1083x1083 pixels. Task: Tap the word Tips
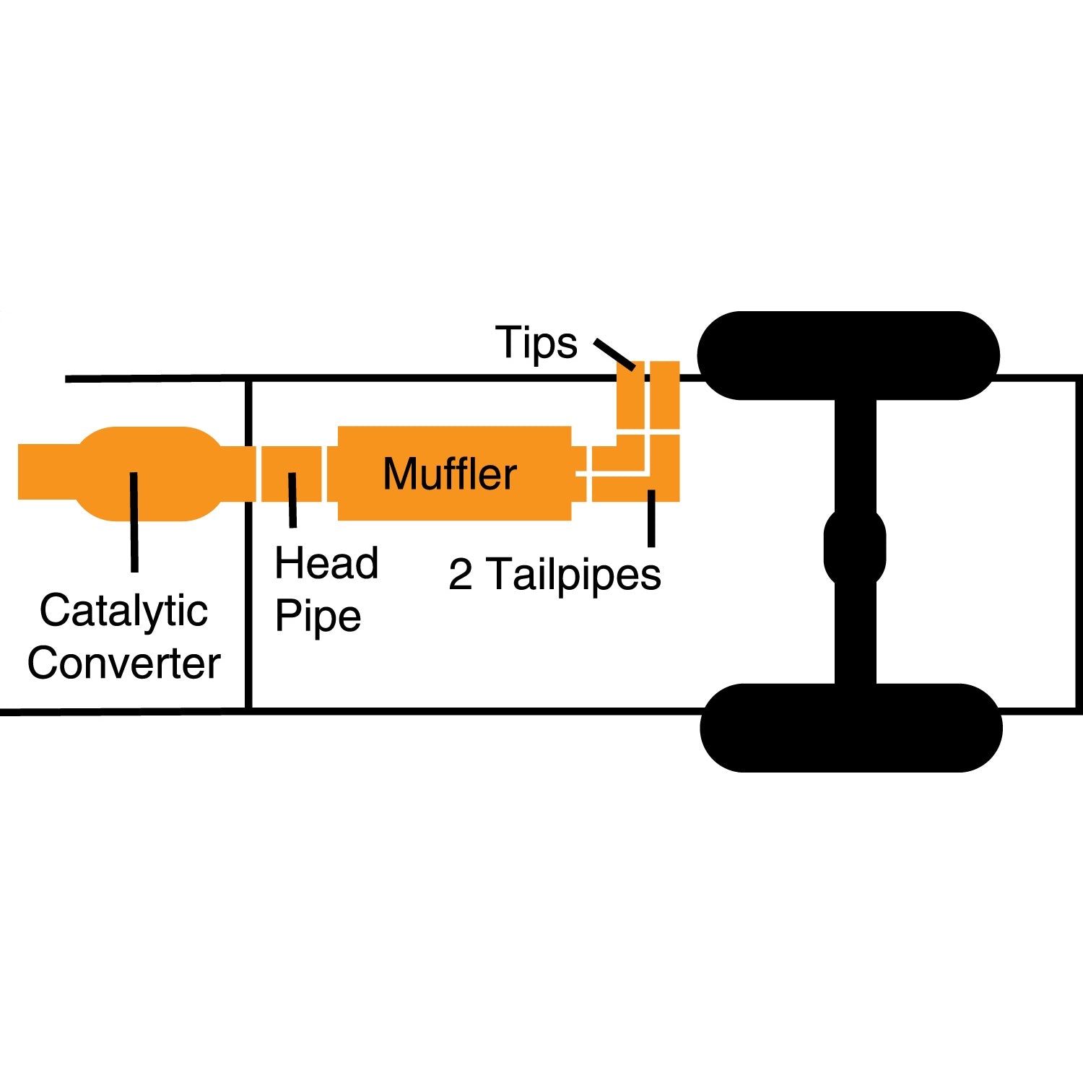[x=536, y=342]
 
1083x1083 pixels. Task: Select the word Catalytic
[x=123, y=612]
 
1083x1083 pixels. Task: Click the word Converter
[x=123, y=663]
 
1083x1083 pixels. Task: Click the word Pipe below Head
[x=318, y=617]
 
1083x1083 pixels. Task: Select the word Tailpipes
[x=576, y=575]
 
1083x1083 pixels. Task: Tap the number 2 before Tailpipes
[x=460, y=575]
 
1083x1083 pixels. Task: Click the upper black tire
[x=848, y=355]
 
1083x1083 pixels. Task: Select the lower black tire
[x=851, y=727]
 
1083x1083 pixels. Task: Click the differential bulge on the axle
[x=855, y=547]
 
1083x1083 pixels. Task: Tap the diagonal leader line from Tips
[x=614, y=354]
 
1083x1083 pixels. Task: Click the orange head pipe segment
[x=291, y=462]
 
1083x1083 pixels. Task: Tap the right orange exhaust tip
[x=665, y=395]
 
